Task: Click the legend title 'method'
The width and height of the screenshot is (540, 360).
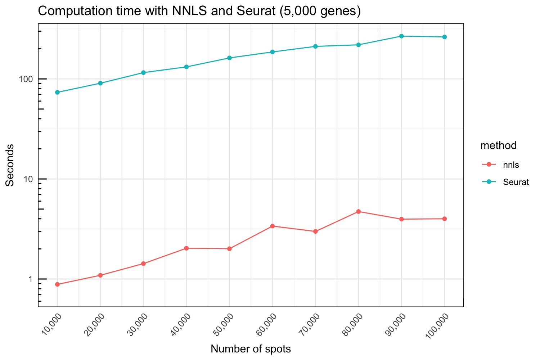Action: click(498, 145)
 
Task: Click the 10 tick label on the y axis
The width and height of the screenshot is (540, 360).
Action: click(31, 179)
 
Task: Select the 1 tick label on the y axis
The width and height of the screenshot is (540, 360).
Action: click(33, 279)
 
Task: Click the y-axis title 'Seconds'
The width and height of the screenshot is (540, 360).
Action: click(10, 165)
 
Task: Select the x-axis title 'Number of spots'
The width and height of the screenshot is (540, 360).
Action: click(251, 349)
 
